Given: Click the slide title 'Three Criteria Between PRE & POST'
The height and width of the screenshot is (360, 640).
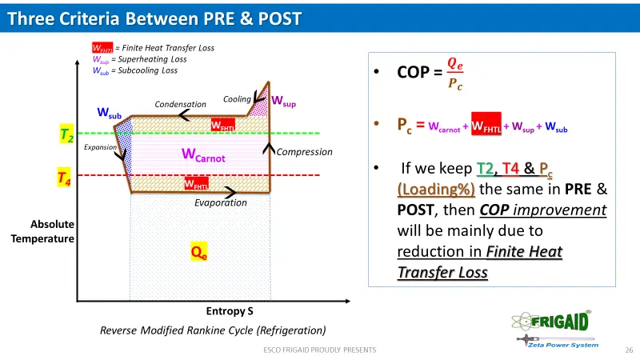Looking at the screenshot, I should click(154, 18).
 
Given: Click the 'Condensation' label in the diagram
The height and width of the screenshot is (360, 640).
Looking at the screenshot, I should click(181, 104).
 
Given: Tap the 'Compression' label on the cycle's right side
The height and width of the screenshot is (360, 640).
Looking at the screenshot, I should click(304, 151).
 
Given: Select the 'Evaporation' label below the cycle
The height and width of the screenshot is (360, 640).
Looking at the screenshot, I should click(221, 203).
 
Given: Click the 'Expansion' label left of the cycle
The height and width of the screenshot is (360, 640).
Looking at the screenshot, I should click(101, 147).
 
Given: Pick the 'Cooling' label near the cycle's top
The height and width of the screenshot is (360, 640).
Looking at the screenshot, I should click(237, 100).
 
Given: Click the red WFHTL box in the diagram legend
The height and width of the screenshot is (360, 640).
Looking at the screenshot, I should click(102, 48).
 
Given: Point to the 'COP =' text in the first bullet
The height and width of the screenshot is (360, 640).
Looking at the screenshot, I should click(419, 73).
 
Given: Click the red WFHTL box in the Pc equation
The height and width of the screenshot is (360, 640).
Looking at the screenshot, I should click(486, 126).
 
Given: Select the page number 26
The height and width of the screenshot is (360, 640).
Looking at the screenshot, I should click(628, 350).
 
